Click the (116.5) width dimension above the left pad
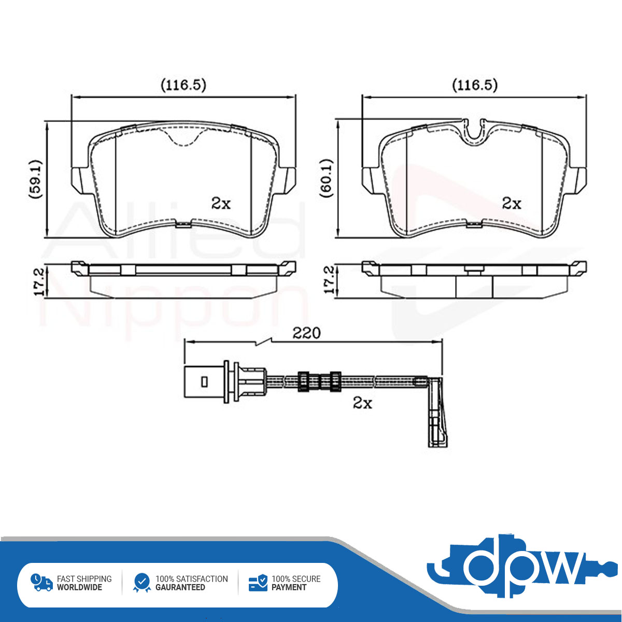(x=183, y=85)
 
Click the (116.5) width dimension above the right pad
(x=475, y=85)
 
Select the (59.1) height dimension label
(x=36, y=179)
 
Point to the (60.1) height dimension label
(x=327, y=178)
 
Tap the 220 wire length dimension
(x=306, y=333)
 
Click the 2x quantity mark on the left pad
(x=221, y=203)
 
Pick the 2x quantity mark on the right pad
(x=512, y=203)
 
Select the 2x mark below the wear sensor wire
(x=362, y=403)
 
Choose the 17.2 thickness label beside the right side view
(x=330, y=280)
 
